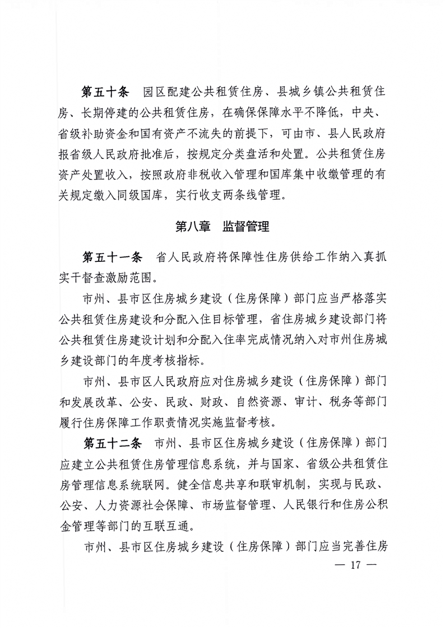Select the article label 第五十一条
(114, 257)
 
